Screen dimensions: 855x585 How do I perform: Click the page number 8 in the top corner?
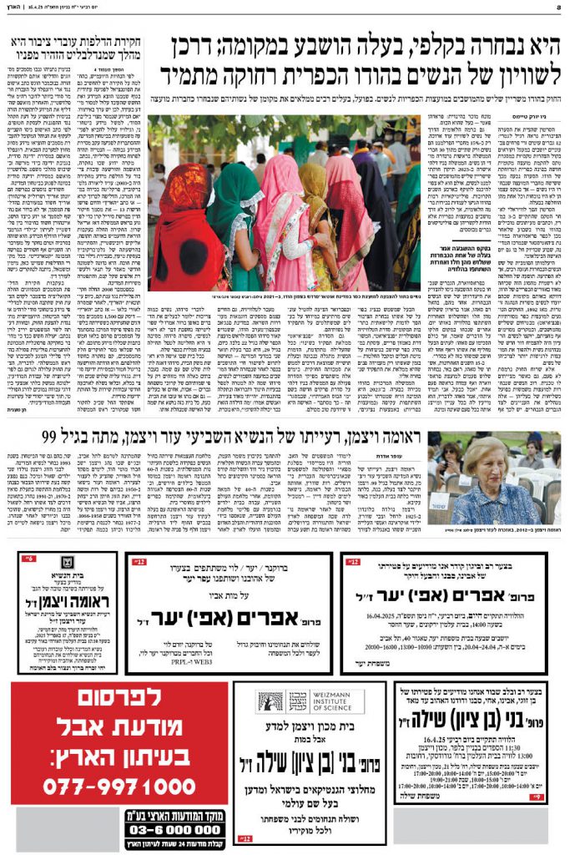pyautogui.click(x=578, y=7)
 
